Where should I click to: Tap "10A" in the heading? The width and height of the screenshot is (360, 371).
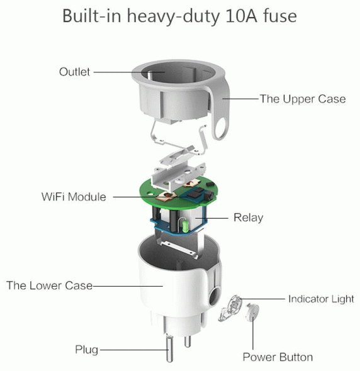point(241,16)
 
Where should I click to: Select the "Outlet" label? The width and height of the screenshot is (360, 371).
point(74,72)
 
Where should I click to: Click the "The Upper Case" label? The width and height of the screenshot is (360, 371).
point(303,99)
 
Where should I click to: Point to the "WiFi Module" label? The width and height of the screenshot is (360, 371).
point(74,197)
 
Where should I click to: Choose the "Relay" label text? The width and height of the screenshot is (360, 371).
point(248,218)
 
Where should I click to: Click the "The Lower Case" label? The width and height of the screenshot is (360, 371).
point(49,285)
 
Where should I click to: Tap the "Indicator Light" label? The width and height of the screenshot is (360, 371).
point(321,299)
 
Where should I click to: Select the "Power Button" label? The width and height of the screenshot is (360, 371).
point(278,357)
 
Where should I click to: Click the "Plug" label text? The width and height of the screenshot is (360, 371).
point(86,350)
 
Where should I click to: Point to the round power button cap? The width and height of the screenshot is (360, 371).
point(252,312)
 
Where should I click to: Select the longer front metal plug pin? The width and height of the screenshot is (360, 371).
point(169,348)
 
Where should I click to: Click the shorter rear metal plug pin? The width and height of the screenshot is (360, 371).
point(188,341)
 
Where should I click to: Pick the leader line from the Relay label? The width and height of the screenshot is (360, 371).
point(211,218)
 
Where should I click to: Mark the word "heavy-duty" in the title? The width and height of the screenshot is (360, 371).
point(173,16)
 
